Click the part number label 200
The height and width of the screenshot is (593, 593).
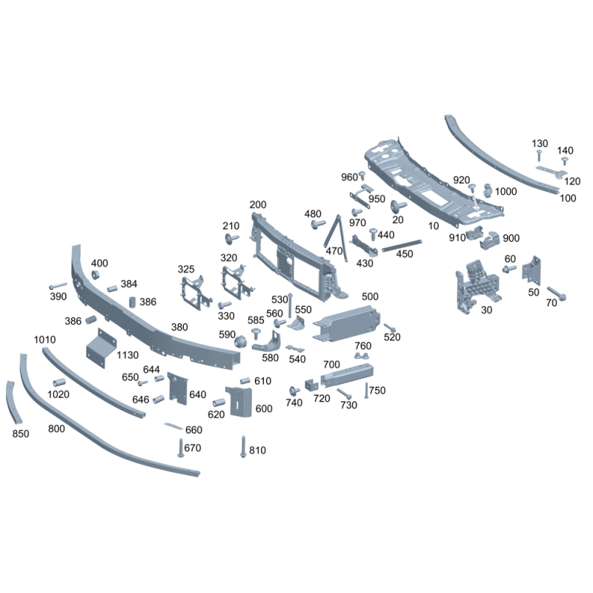coord(258,205)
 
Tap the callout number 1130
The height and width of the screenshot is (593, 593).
coord(127,355)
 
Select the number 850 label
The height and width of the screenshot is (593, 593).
coord(21,434)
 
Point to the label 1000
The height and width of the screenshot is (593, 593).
coord(506,191)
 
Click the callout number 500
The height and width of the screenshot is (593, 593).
coord(370,296)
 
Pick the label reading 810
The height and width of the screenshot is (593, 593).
coord(257,451)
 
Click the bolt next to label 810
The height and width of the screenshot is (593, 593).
coord(243,447)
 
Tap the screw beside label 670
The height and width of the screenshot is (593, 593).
coord(181,448)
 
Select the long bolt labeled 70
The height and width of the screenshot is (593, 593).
coord(557,294)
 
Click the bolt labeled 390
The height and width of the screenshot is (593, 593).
coord(58,286)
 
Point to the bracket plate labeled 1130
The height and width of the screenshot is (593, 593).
coord(101,348)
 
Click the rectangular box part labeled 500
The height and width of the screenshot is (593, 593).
coord(346,324)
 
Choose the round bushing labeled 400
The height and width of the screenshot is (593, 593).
coord(96,275)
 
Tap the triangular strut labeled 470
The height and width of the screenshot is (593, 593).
coord(336,237)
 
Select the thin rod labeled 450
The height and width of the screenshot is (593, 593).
coord(402,245)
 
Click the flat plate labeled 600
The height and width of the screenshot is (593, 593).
coord(239,402)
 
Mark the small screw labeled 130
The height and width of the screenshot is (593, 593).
coord(540,155)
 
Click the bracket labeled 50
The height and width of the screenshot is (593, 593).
coord(531,271)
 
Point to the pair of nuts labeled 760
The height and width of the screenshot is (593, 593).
coord(362,356)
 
